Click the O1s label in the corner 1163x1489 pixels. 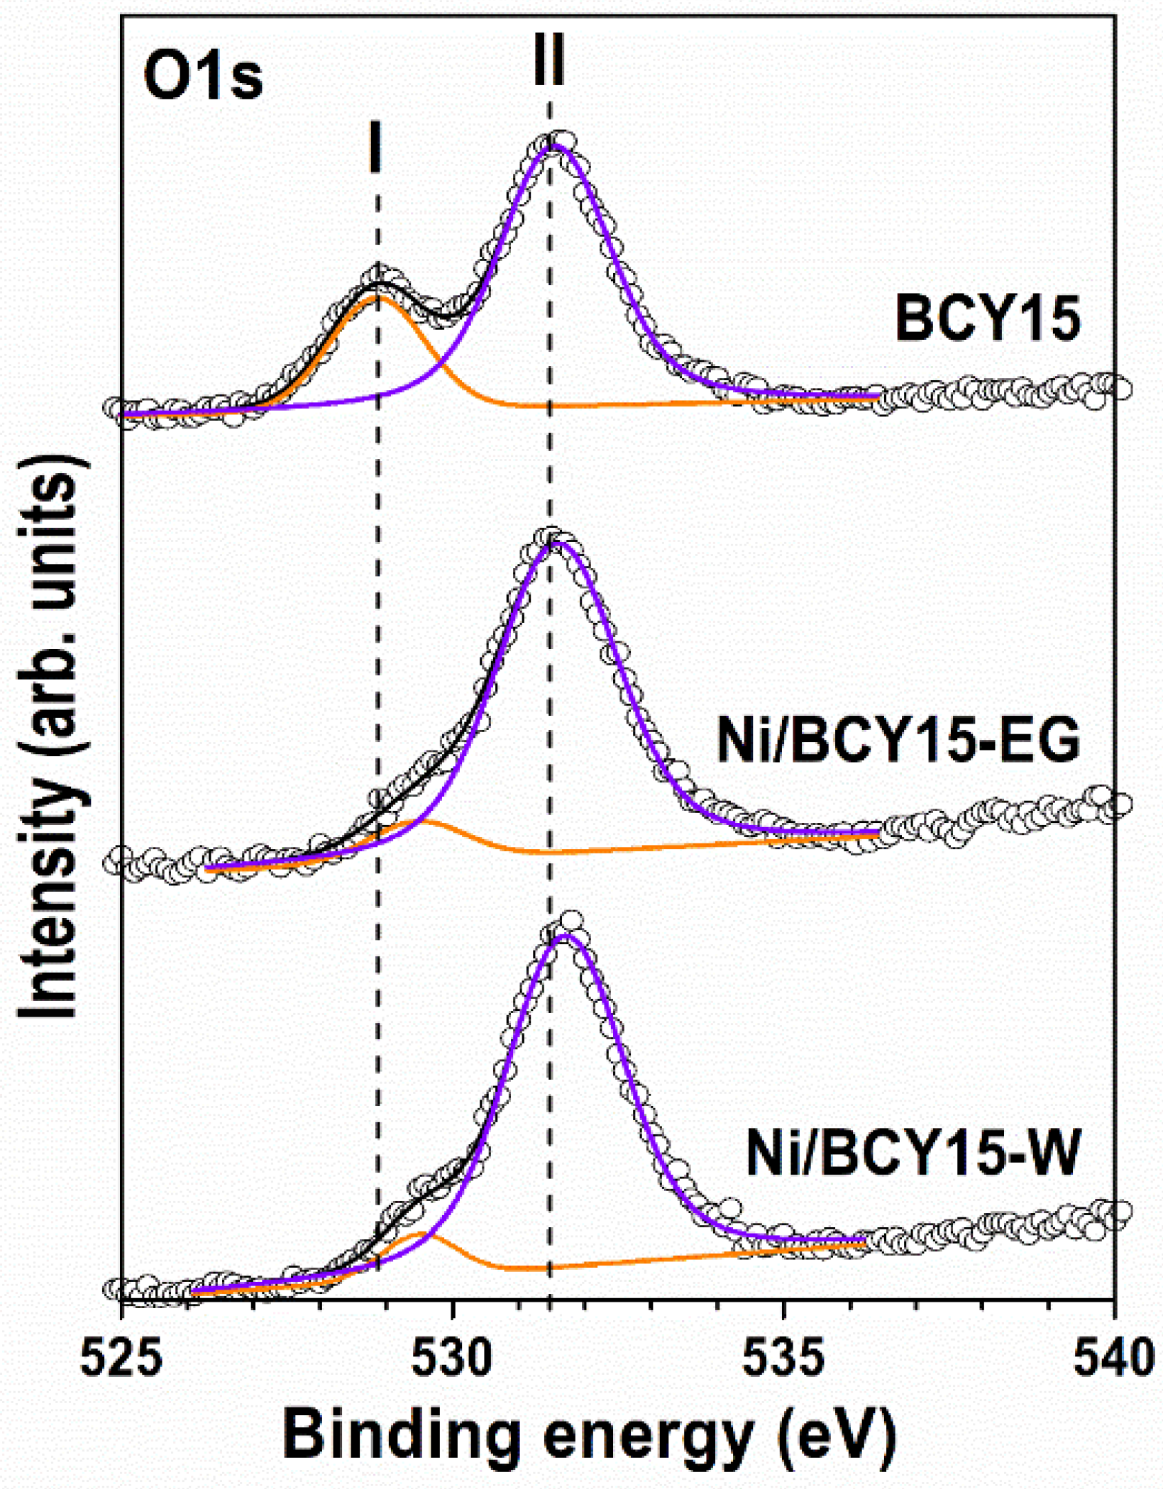tap(203, 77)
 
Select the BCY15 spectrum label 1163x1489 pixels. tap(987, 320)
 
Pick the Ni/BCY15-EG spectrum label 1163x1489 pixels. tap(898, 741)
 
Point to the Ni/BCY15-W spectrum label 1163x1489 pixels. tap(913, 1154)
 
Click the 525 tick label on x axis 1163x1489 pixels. tap(121, 1360)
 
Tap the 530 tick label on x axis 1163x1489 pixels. tap(453, 1360)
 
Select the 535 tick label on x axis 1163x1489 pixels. tap(784, 1360)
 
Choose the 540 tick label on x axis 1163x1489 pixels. tap(1114, 1360)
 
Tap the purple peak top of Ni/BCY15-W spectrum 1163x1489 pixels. tap(564, 936)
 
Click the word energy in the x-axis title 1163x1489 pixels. tap(646, 1440)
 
